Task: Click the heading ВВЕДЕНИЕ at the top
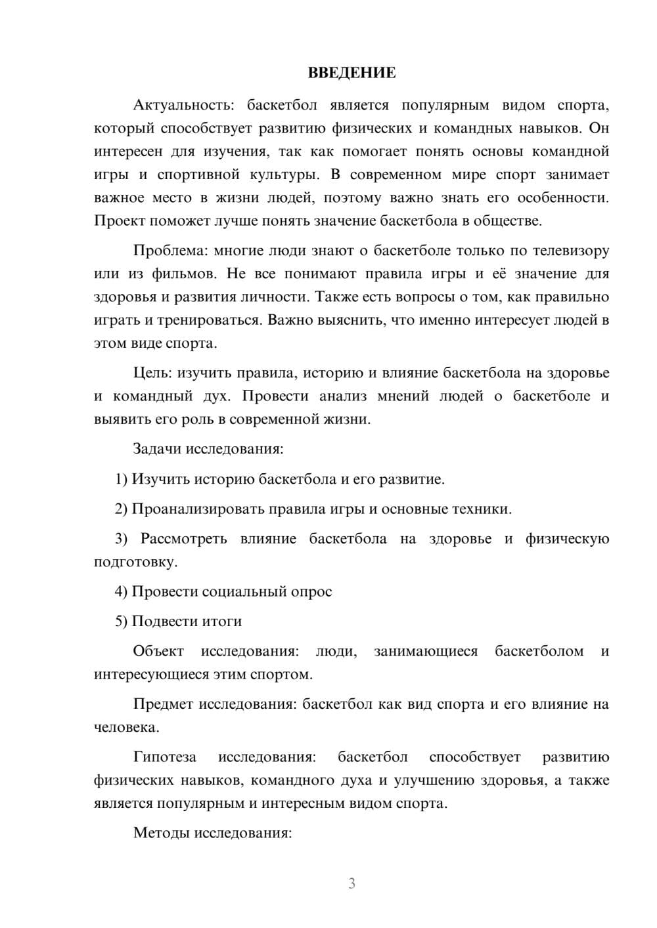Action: pyautogui.click(x=351, y=73)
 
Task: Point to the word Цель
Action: pyautogui.click(x=152, y=373)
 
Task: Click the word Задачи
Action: pyautogui.click(x=158, y=449)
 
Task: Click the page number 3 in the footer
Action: pyautogui.click(x=351, y=883)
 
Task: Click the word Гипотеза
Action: pyautogui.click(x=164, y=757)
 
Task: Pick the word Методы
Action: pyautogui.click(x=162, y=833)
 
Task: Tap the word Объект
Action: pyautogui.click(x=158, y=651)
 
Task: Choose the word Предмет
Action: pyautogui.click(x=163, y=704)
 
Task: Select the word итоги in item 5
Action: pyautogui.click(x=223, y=621)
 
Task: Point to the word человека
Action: pyautogui.click(x=125, y=727)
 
